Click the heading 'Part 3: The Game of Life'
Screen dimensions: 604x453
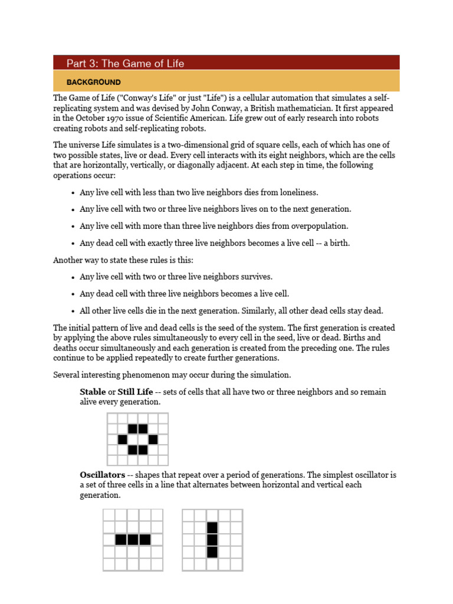point(125,63)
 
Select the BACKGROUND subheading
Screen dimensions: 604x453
point(93,83)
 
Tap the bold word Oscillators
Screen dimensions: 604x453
point(102,475)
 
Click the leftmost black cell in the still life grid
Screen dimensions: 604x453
point(123,439)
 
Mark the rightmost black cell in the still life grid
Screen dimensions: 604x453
point(153,439)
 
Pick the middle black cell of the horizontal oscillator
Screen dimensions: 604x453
point(133,539)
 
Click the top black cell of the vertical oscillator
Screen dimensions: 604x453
point(212,527)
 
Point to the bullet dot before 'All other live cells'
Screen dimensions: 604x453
point(72,311)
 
